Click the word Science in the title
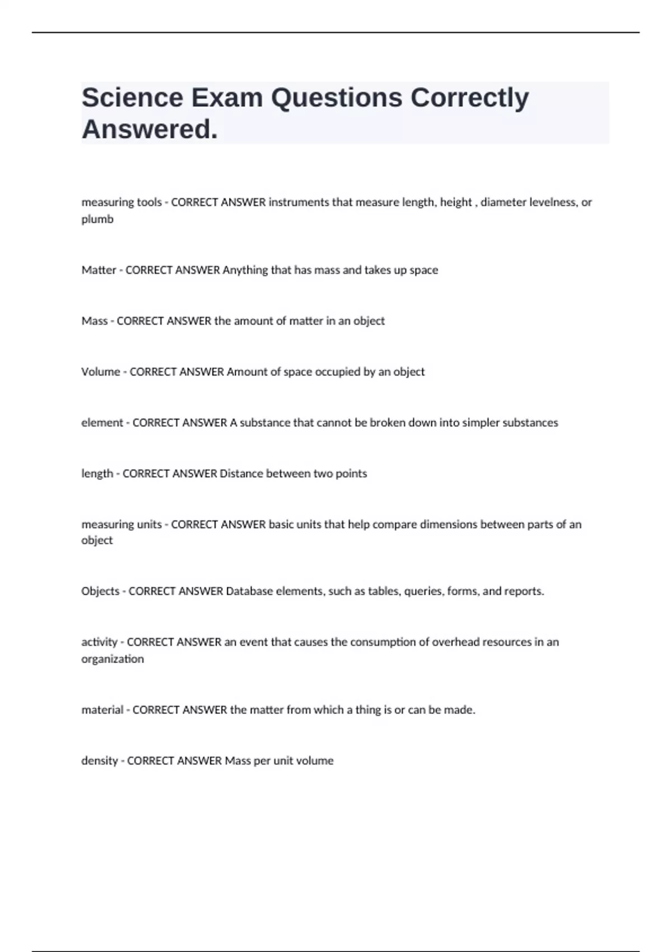point(132,97)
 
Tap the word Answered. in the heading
point(150,130)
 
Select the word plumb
point(97,220)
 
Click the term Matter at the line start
point(99,270)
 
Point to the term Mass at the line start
point(94,321)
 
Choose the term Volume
point(101,372)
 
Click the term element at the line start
point(102,423)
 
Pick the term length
point(97,474)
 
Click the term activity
point(99,642)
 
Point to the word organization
point(113,659)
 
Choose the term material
point(102,710)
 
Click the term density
point(100,761)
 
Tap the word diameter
point(503,202)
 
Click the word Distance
point(241,474)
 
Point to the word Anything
point(245,270)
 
